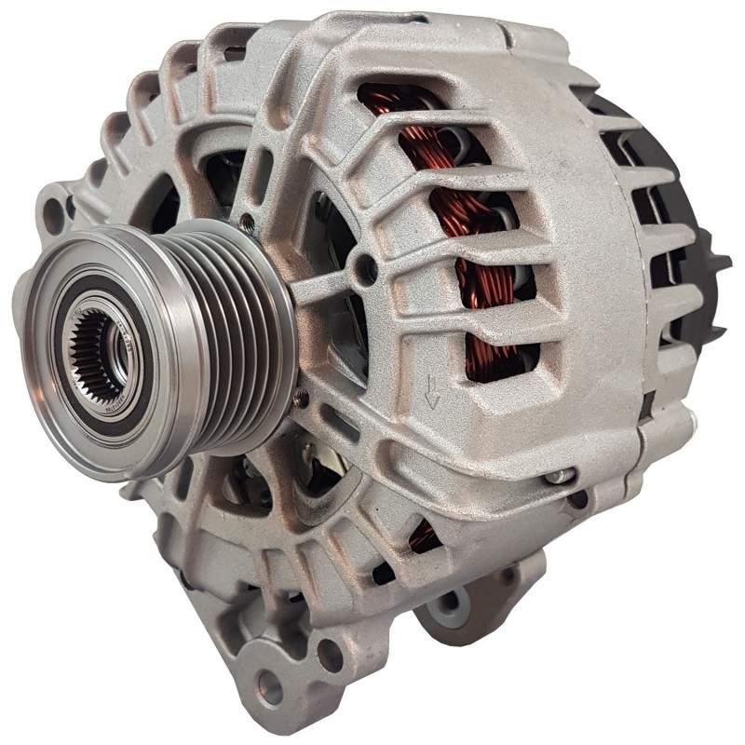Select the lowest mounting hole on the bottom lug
click(271, 690)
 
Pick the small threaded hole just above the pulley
click(246, 222)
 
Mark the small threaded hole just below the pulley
click(300, 399)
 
